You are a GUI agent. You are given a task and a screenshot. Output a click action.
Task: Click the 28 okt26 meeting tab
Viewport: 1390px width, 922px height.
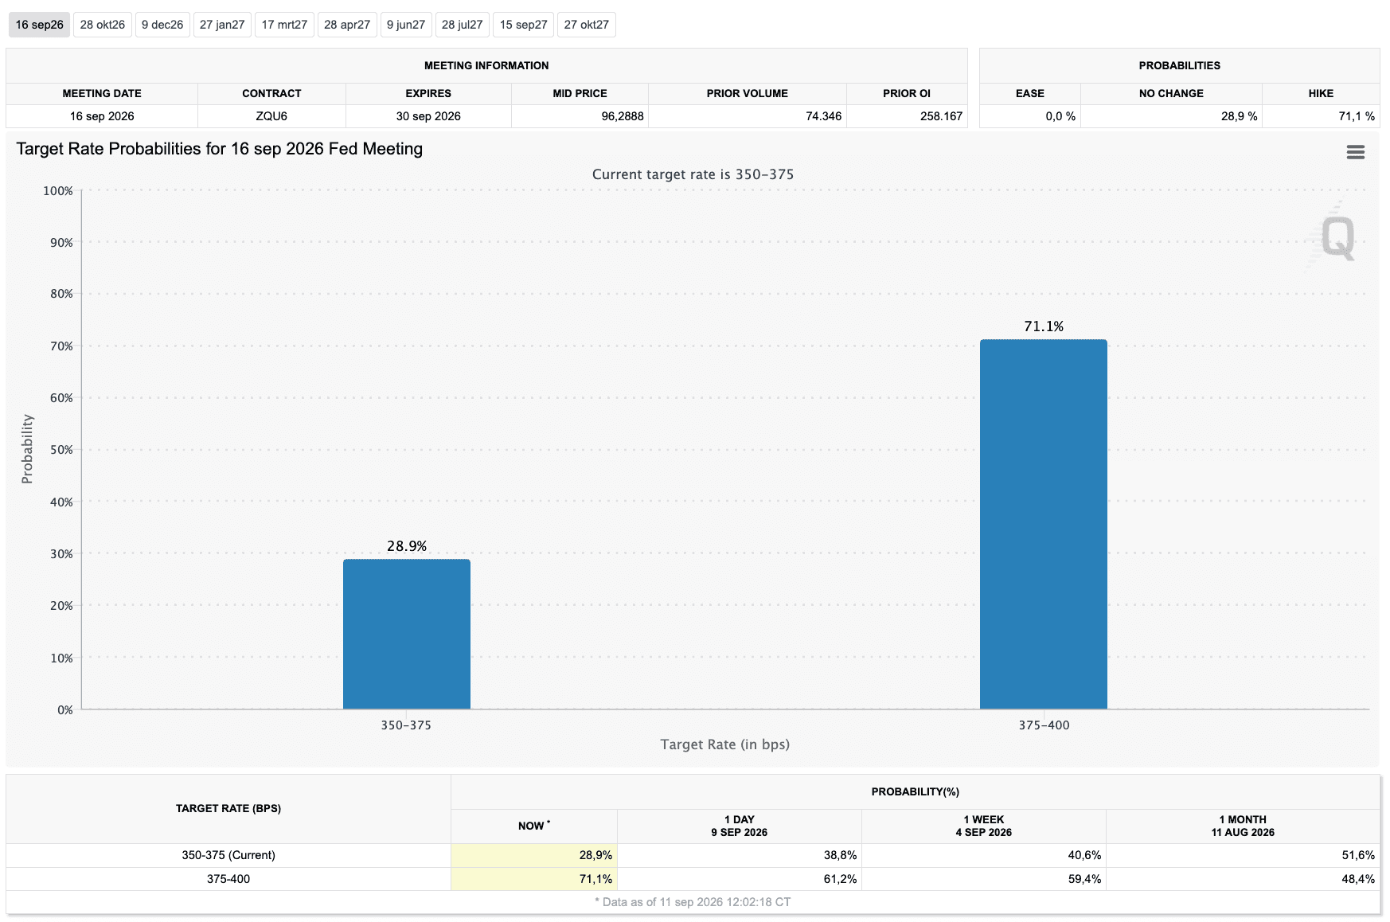(103, 25)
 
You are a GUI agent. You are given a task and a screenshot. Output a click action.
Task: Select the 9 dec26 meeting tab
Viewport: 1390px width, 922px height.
(162, 25)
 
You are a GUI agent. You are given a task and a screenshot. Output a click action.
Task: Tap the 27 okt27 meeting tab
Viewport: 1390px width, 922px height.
(587, 25)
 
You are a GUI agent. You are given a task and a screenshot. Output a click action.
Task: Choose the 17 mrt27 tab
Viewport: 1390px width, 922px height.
(284, 25)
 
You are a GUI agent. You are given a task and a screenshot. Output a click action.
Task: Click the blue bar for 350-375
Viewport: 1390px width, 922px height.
(407, 634)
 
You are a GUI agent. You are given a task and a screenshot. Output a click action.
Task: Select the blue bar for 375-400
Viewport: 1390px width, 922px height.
(1044, 524)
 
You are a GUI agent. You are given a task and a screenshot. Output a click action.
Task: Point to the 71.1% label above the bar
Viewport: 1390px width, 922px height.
(1044, 326)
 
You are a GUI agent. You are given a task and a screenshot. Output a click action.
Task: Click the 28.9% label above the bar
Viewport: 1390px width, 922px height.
(407, 546)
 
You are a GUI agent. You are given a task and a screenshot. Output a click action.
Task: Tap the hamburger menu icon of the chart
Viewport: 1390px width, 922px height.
(1356, 152)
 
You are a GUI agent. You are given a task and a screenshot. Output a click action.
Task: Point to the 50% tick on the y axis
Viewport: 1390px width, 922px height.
(61, 450)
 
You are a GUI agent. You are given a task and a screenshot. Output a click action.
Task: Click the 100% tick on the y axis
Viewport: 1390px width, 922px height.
(58, 191)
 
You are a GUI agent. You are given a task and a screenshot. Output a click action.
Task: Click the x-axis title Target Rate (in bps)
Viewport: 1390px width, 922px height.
(725, 744)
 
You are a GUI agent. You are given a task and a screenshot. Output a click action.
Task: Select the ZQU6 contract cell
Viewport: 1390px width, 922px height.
(271, 116)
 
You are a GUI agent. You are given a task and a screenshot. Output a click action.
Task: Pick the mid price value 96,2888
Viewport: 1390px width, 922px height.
(623, 116)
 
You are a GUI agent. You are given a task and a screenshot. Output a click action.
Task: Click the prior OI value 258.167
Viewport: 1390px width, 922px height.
(942, 116)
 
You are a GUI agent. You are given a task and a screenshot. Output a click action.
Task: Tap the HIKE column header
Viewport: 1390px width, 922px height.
(1321, 93)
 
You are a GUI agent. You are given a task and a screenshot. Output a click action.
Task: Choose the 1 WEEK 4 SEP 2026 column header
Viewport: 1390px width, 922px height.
(984, 826)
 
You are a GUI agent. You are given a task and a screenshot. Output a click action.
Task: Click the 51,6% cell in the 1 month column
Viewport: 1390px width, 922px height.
(1358, 855)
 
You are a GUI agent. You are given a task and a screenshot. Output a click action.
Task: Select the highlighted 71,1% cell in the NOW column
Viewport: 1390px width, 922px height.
(534, 879)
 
